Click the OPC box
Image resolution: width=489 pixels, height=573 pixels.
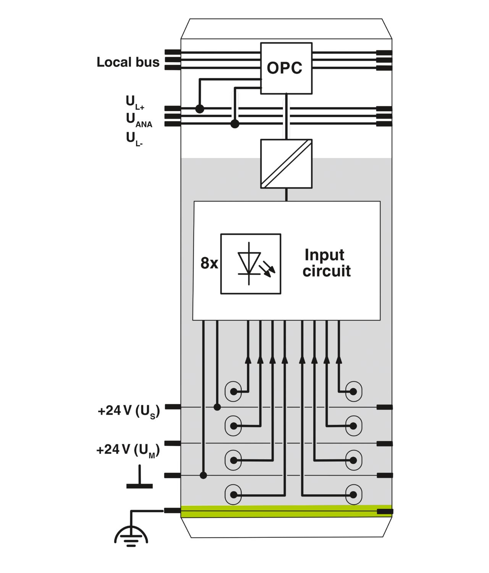pyautogui.click(x=286, y=68)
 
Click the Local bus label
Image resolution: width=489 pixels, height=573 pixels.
pyautogui.click(x=128, y=62)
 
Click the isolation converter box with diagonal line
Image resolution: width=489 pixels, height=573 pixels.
pyautogui.click(x=286, y=163)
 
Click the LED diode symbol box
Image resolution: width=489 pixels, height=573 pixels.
pyautogui.click(x=251, y=264)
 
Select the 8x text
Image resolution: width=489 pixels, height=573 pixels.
pyautogui.click(x=209, y=264)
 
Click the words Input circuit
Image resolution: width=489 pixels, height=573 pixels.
pyautogui.click(x=326, y=263)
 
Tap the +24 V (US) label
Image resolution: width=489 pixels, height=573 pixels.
pyautogui.click(x=129, y=411)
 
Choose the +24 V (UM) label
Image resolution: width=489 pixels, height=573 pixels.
pyautogui.click(x=128, y=450)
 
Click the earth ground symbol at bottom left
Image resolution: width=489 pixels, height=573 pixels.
pyautogui.click(x=131, y=535)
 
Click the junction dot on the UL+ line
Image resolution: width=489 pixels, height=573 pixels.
pyautogui.click(x=199, y=109)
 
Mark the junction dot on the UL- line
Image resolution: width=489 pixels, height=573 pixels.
pyautogui.click(x=235, y=124)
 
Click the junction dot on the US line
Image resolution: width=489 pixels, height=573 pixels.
pyautogui.click(x=217, y=407)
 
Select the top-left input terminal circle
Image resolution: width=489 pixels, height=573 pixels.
pyautogui.click(x=233, y=392)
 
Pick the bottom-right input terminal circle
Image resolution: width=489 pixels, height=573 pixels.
pyautogui.click(x=353, y=495)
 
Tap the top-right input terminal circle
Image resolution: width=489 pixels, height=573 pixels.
pyautogui.click(x=353, y=392)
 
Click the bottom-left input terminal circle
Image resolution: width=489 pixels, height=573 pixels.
pyautogui.click(x=233, y=495)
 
